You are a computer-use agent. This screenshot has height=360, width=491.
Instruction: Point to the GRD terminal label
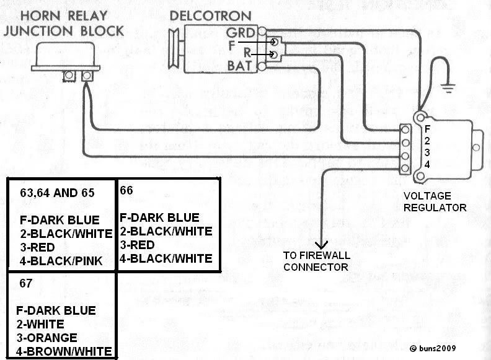(x=239, y=32)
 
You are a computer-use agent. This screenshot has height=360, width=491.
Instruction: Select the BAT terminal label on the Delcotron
(x=239, y=65)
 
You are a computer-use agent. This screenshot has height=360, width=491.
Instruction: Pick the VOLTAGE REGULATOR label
(x=434, y=201)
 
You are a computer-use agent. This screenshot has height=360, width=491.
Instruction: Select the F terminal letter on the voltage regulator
(x=427, y=129)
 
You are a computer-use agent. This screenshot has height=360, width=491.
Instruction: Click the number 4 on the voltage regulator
(x=427, y=164)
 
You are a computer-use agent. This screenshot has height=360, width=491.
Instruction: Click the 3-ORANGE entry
(x=46, y=338)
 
